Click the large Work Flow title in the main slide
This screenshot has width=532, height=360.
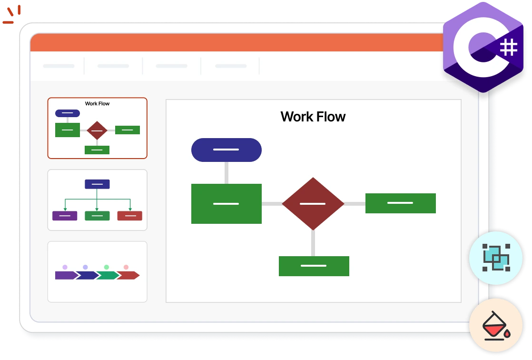pos(313,117)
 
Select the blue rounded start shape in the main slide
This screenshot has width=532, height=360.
pos(226,150)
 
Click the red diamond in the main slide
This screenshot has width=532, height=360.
pos(313,204)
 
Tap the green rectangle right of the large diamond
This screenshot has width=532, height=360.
pos(400,203)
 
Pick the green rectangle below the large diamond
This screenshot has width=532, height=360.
pos(314,266)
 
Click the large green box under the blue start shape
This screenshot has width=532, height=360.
pos(226,204)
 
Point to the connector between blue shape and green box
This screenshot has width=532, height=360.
pos(226,172)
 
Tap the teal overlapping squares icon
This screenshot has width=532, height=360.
pos(496,258)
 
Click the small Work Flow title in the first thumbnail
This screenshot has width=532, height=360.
pos(97,103)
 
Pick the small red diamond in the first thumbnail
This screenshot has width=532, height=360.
pos(97,130)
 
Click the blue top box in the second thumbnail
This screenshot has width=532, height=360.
pos(97,184)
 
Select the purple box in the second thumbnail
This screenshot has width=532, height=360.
pos(65,216)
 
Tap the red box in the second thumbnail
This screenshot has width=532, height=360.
pos(129,216)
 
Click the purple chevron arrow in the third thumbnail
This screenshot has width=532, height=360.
pos(65,275)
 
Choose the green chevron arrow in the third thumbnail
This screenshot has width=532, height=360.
pos(107,275)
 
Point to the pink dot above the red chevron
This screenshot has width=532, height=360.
pos(126,267)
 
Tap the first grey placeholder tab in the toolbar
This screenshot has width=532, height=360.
pos(59,66)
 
